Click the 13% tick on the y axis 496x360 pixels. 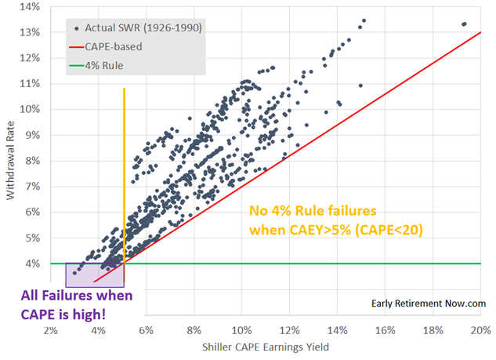tap(30, 32)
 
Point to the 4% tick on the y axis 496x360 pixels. tap(32, 264)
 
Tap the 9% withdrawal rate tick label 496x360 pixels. tap(32, 135)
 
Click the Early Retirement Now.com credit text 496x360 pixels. tap(423, 304)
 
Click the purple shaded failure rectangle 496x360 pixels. tap(93, 274)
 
